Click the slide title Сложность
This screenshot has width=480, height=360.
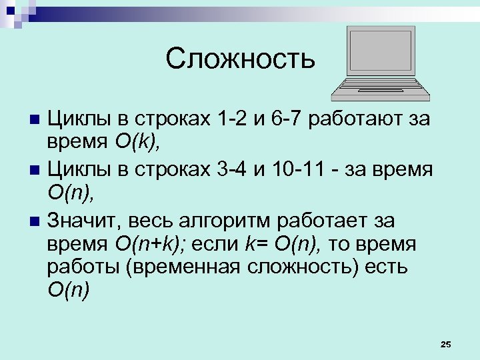[239, 59]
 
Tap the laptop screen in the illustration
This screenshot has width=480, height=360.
[381, 52]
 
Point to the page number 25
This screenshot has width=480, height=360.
[446, 344]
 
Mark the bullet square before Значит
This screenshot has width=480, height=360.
[36, 219]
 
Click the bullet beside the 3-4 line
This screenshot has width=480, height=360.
[36, 170]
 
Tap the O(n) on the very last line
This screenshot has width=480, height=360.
[69, 291]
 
